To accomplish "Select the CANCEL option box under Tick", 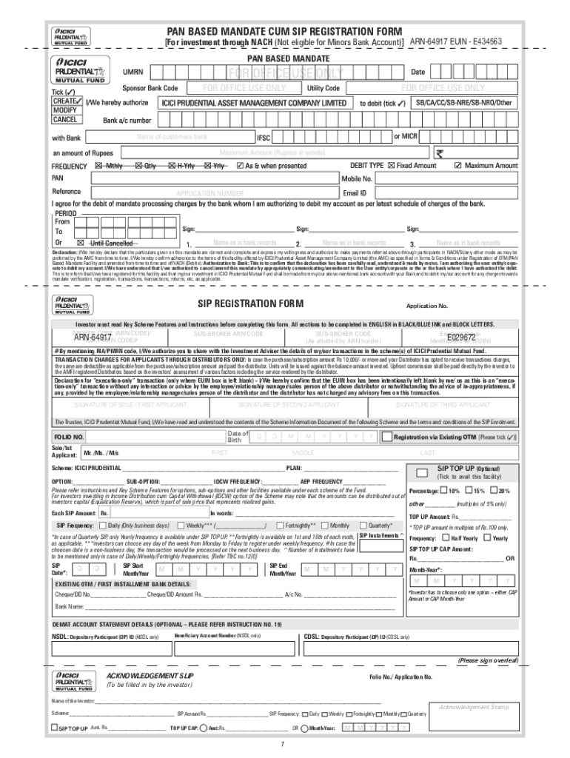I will (65, 119).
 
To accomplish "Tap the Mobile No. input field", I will (444, 179).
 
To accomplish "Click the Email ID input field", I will (444, 192).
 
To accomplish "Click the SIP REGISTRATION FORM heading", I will (250, 303).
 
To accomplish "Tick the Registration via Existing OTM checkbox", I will (386, 437).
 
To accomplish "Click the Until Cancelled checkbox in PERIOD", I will (81, 243).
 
